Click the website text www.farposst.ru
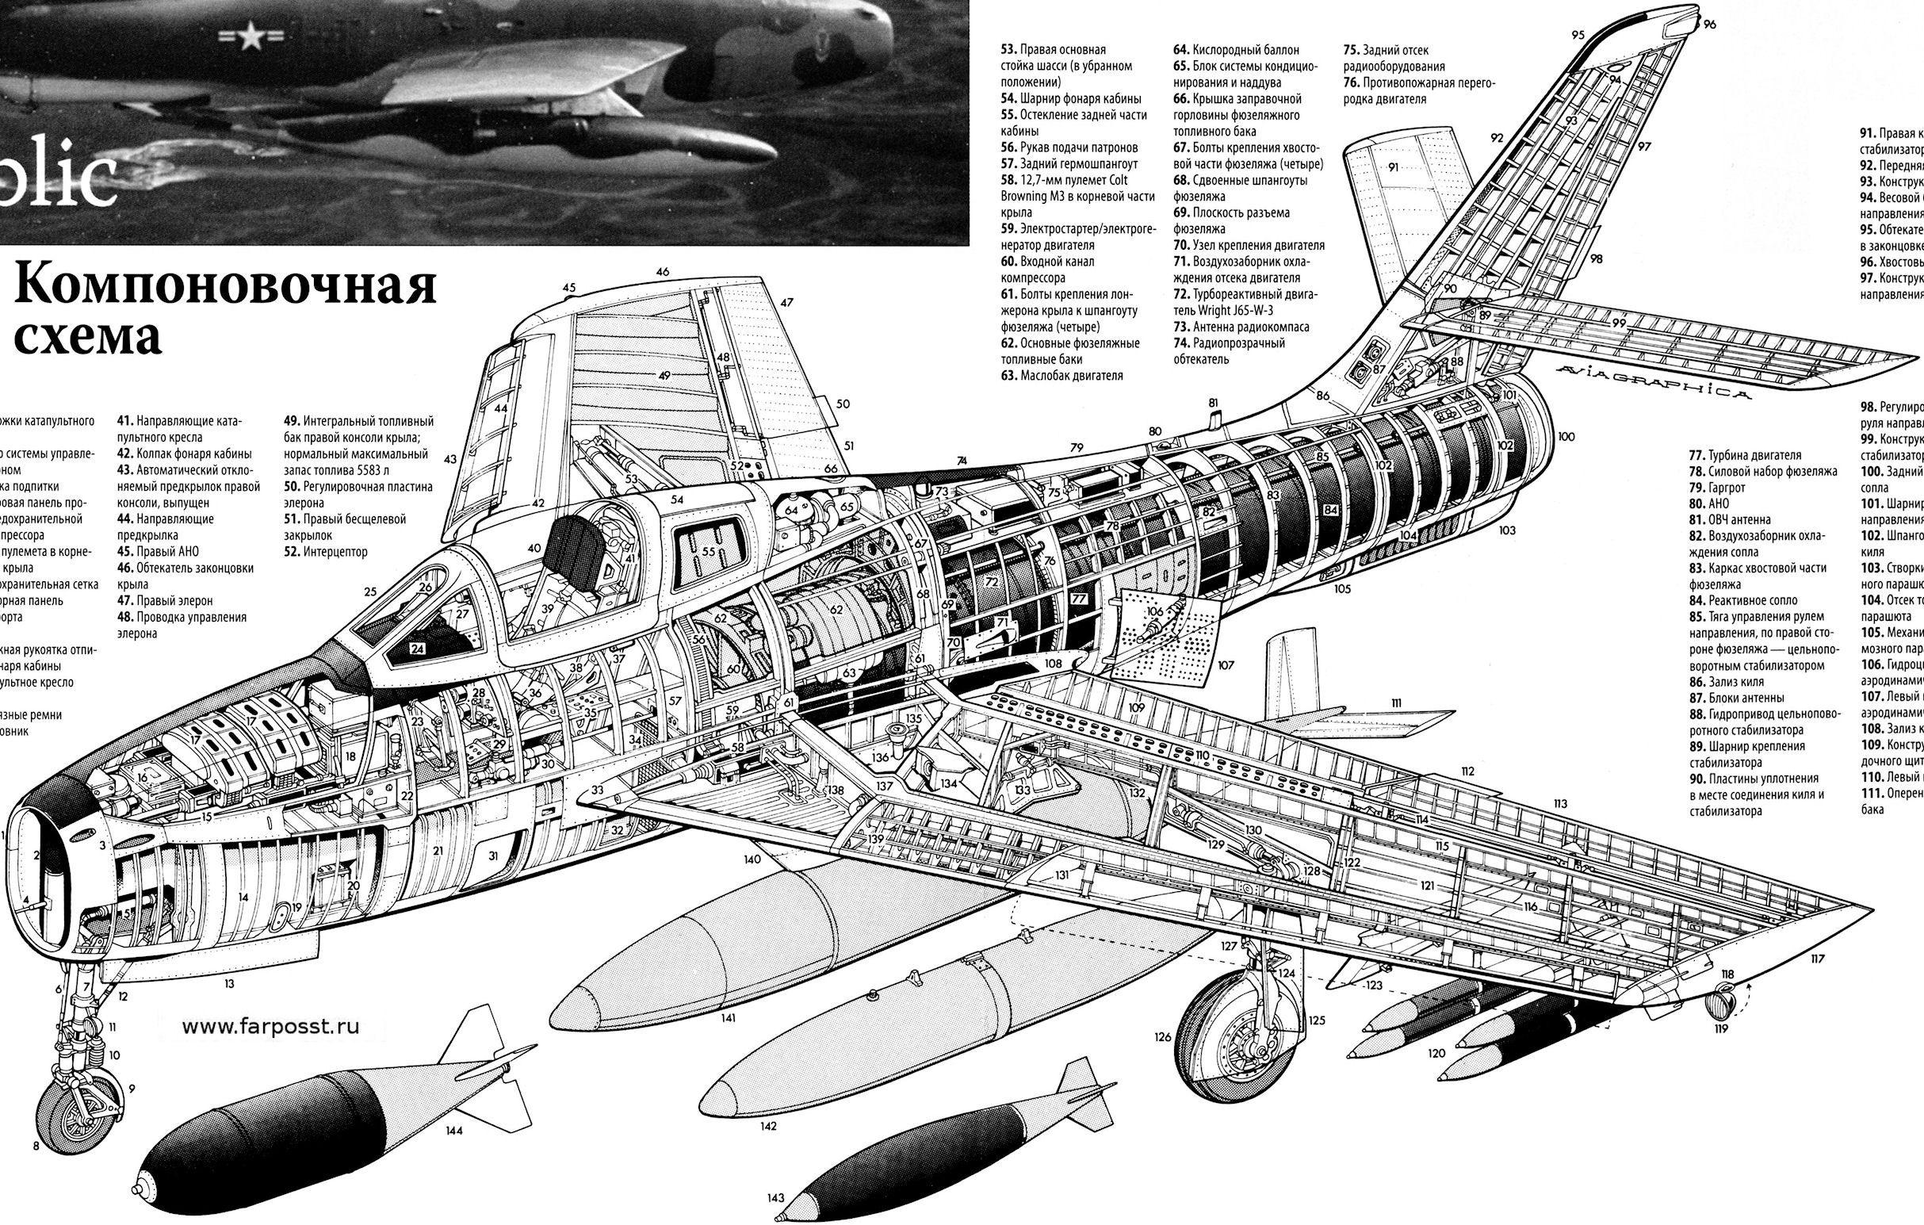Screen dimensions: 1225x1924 coord(270,1028)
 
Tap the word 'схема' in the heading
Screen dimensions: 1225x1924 coord(88,337)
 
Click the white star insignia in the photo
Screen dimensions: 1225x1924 coord(250,36)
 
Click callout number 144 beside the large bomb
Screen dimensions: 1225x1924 coord(454,1130)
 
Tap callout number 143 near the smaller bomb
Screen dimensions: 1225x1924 coord(775,1198)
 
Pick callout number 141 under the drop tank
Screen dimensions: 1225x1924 coord(728,1018)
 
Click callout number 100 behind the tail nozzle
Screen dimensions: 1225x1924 coord(1565,436)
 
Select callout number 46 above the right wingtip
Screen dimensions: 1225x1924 coord(663,272)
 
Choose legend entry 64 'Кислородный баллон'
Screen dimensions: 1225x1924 coord(1237,49)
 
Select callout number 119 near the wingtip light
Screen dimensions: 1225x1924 coord(1721,1028)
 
